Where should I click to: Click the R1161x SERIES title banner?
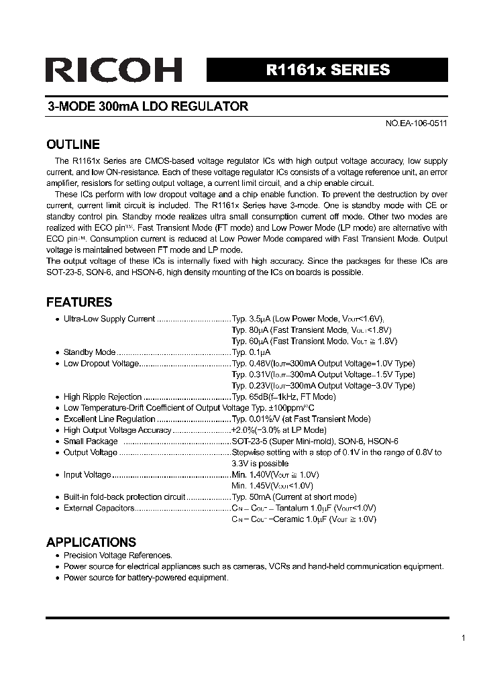pos(327,70)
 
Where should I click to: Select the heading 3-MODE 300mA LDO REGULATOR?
pos(147,106)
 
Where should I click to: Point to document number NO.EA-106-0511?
pos(415,124)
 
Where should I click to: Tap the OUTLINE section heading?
pos(72,144)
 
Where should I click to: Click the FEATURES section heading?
pos(79,302)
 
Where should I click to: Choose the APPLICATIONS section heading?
pos(91,542)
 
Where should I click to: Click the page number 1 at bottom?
pos(463,638)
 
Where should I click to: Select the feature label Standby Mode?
pos(89,352)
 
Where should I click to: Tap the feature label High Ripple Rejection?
pos(103,397)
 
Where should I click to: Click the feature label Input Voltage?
pos(87,475)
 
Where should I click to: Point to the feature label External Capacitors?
pos(99,509)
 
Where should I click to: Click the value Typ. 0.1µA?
pos(251,352)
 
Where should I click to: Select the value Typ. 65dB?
pos(250,397)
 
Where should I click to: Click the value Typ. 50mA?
pos(252,497)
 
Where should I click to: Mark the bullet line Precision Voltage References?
pos(118,556)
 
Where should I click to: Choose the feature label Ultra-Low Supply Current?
pos(109,319)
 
